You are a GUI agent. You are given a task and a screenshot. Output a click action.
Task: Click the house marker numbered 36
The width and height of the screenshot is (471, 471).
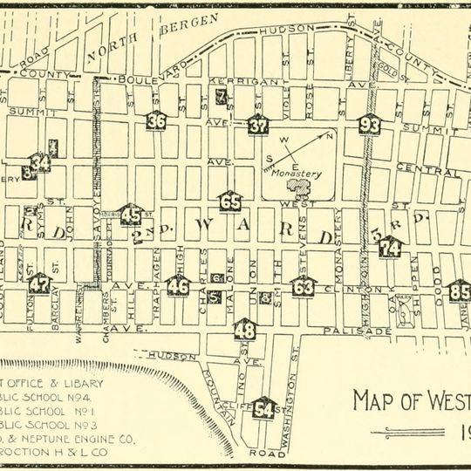click(156, 121)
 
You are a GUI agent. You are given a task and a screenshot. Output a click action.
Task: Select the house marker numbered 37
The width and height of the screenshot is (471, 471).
click(257, 124)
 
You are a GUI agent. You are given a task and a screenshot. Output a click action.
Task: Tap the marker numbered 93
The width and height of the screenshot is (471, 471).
click(370, 124)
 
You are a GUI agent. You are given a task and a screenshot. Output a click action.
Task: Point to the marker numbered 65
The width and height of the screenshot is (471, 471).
click(230, 201)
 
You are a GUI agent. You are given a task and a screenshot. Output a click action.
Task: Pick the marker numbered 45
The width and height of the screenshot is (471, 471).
click(131, 214)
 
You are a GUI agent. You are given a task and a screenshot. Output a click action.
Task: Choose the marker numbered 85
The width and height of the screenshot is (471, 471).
click(460, 290)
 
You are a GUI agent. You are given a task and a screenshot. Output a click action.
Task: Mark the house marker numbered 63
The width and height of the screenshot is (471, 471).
click(304, 285)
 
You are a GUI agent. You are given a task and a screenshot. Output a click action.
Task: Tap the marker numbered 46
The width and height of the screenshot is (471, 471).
click(178, 285)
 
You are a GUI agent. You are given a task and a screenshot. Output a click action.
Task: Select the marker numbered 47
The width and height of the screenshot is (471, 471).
click(39, 283)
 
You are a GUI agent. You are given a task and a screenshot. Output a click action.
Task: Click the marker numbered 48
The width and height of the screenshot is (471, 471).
click(246, 329)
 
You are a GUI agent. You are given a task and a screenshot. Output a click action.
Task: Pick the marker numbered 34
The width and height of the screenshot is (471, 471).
click(40, 162)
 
